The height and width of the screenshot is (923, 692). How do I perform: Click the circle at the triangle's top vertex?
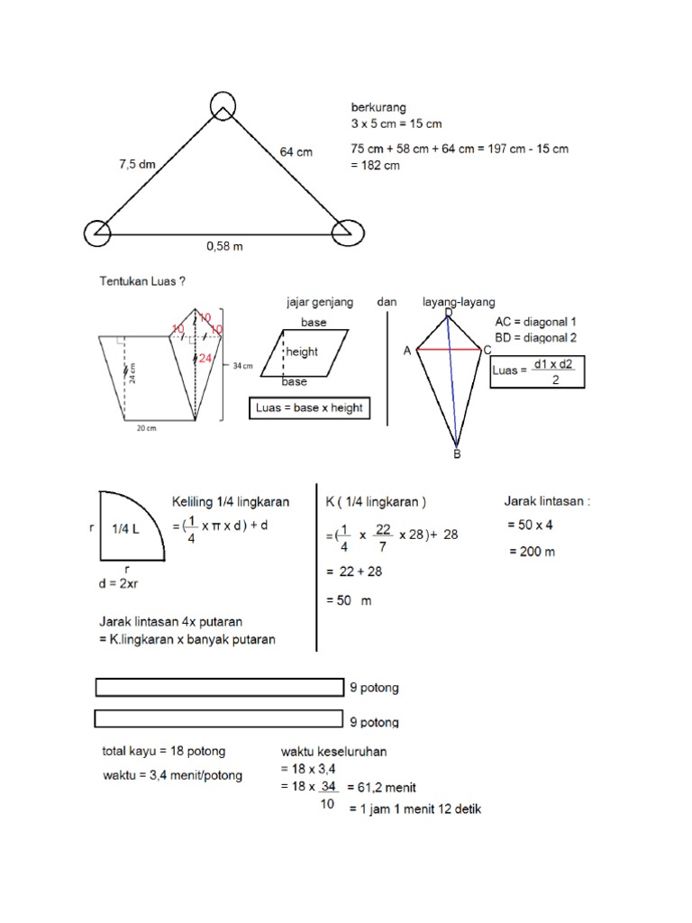pyautogui.click(x=222, y=105)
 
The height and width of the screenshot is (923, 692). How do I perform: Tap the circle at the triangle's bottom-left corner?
pyautogui.click(x=96, y=233)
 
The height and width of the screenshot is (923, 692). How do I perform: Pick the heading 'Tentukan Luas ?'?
pyautogui.click(x=142, y=281)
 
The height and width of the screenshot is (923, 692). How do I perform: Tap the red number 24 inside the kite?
pyautogui.click(x=206, y=358)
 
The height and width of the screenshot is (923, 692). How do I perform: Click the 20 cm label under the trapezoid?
pyautogui.click(x=146, y=430)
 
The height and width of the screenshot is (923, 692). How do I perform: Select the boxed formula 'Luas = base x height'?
pyautogui.click(x=309, y=408)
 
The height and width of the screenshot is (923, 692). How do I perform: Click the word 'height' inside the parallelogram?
pyautogui.click(x=302, y=352)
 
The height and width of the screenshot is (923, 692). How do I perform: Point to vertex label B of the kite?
pyautogui.click(x=457, y=455)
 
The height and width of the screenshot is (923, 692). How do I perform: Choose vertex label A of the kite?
pyautogui.click(x=407, y=352)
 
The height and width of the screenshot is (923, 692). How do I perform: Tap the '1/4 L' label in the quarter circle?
pyautogui.click(x=125, y=529)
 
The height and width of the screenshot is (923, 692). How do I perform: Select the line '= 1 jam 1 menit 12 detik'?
pyautogui.click(x=414, y=809)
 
